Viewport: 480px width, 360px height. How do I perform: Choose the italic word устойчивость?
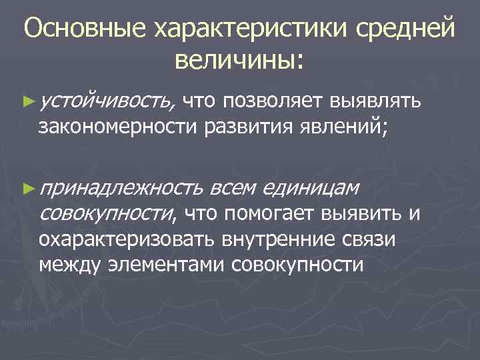(x=107, y=101)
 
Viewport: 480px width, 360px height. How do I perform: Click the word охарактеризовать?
(x=127, y=238)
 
